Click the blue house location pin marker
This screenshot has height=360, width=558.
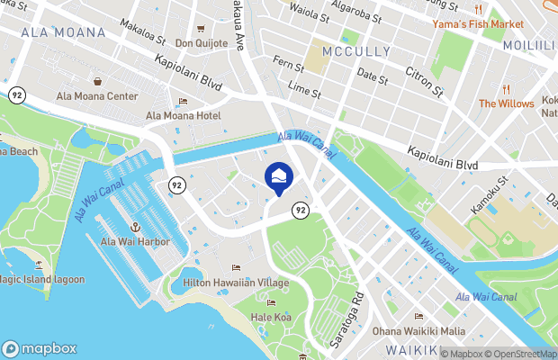click(x=278, y=176)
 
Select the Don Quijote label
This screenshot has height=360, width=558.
click(x=201, y=43)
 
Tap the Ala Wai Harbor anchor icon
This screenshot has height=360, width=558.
click(x=136, y=229)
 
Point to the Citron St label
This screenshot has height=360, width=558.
click(x=426, y=80)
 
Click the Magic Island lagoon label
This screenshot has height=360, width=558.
click(x=40, y=279)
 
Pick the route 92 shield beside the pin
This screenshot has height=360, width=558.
click(x=300, y=210)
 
